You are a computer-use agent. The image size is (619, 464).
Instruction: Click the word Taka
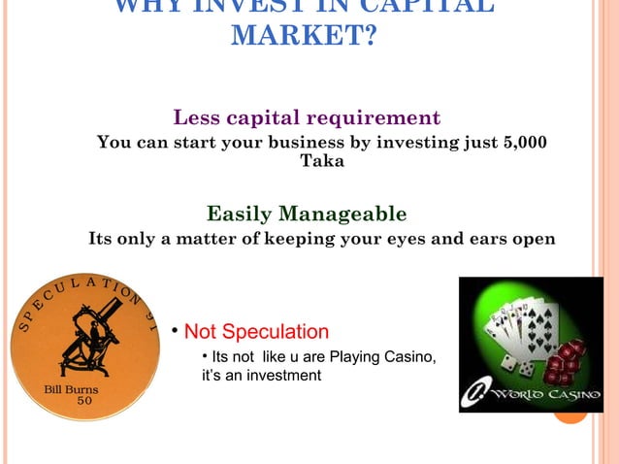point(321,161)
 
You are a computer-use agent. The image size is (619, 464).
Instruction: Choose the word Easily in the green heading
point(240,213)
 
